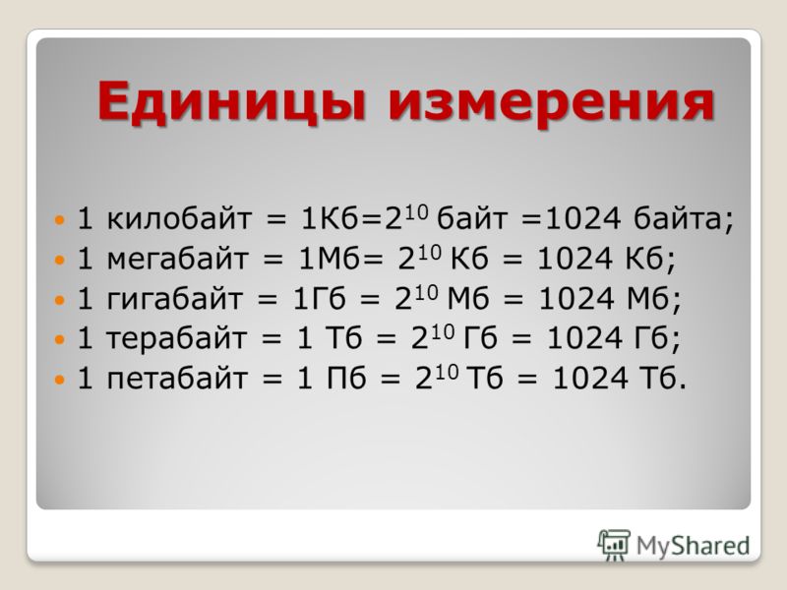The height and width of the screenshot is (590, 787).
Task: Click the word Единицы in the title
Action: [x=232, y=103]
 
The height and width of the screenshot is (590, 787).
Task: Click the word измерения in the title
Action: [x=551, y=103]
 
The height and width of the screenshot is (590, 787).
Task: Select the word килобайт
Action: [x=179, y=218]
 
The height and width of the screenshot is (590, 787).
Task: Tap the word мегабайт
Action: [x=178, y=259]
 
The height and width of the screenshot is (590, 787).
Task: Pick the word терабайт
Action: [x=177, y=337]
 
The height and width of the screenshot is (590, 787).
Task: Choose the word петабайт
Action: [x=177, y=378]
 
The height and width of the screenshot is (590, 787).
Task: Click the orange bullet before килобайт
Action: [x=60, y=219]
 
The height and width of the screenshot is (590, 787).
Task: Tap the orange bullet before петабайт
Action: [x=60, y=379]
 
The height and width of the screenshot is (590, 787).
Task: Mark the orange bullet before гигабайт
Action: [x=60, y=300]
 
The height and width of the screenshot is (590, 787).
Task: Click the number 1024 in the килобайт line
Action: [x=582, y=218]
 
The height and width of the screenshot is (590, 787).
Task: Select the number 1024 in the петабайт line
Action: [x=590, y=378]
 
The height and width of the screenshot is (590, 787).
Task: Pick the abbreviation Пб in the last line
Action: [x=346, y=378]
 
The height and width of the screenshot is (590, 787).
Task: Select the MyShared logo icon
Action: [x=614, y=546]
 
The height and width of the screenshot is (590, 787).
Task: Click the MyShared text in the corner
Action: [x=694, y=546]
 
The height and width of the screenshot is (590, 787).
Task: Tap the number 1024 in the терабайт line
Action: [x=584, y=337]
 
